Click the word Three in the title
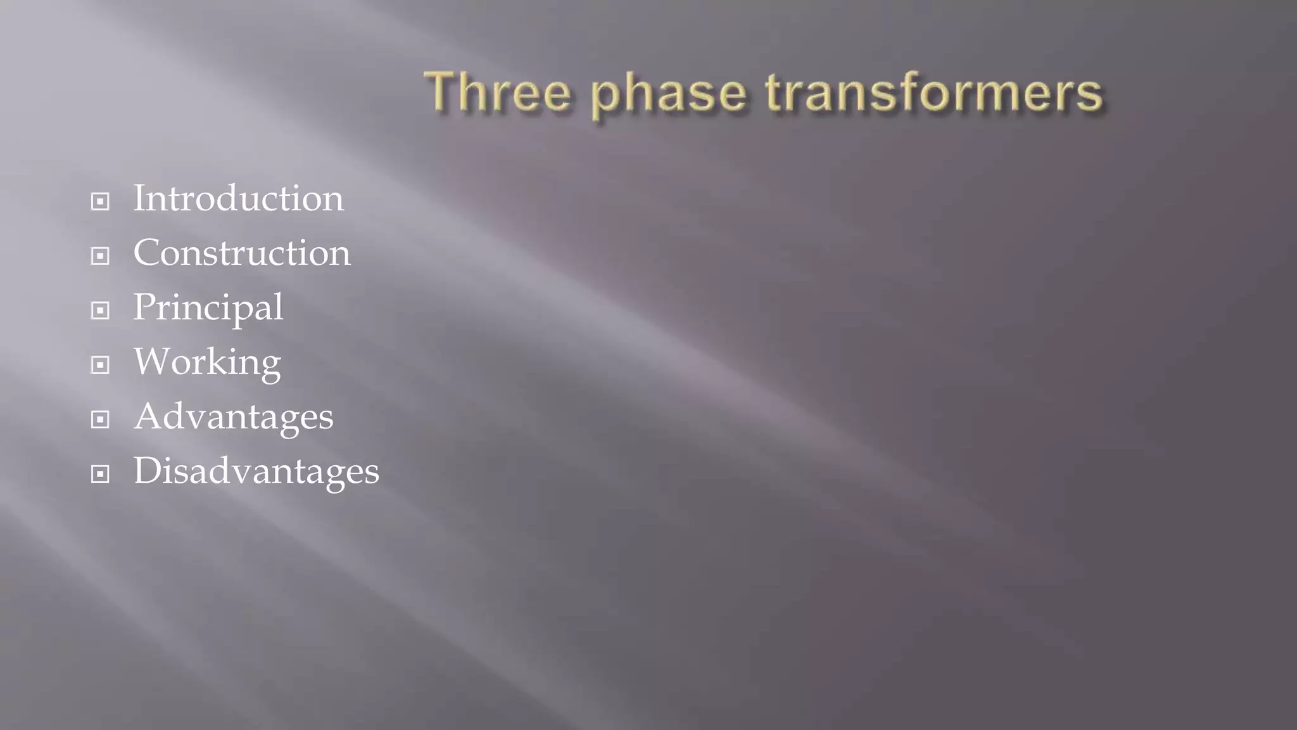pos(498,93)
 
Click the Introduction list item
pos(238,198)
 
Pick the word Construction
pos(241,253)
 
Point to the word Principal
pos(208,308)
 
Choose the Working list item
pos(207,362)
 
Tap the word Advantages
pos(233,417)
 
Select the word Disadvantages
pos(256,471)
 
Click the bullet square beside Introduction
pos(100,202)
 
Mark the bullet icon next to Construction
pos(100,256)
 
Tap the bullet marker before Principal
pos(100,311)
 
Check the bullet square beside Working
pos(100,365)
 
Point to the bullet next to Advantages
pos(100,419)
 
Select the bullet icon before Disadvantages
pos(100,474)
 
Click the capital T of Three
pos(442,91)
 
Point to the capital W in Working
pos(154,361)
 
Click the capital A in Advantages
pos(149,416)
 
